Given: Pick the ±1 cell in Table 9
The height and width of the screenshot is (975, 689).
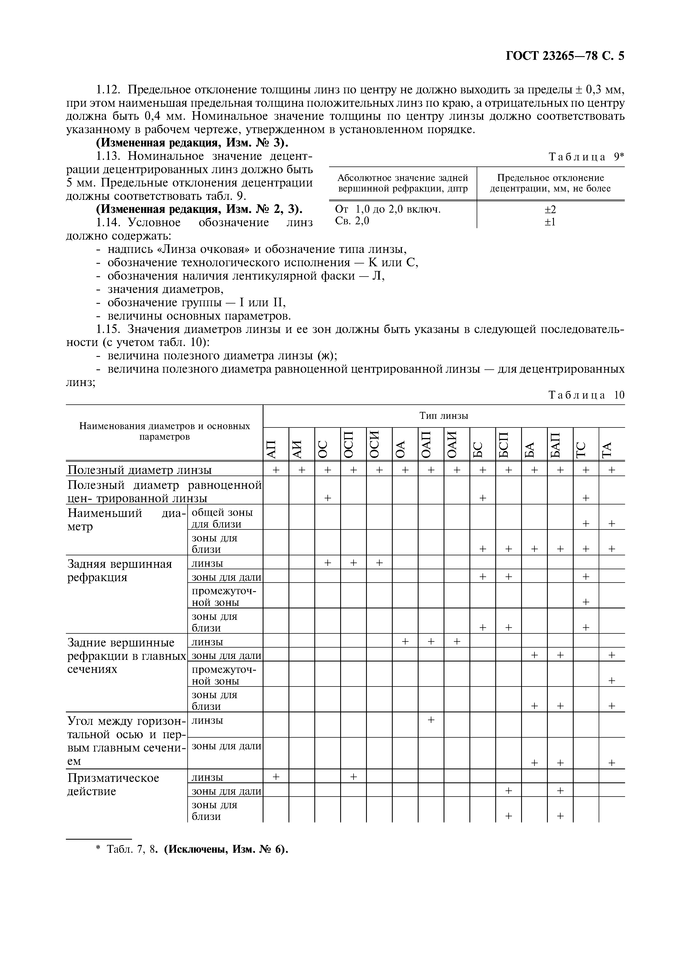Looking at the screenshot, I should [x=550, y=222].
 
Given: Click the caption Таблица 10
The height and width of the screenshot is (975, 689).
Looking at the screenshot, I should [x=586, y=395].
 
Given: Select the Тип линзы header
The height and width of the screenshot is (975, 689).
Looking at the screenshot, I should [x=444, y=416].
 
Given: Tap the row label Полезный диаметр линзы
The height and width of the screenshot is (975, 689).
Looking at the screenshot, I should [x=140, y=470].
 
